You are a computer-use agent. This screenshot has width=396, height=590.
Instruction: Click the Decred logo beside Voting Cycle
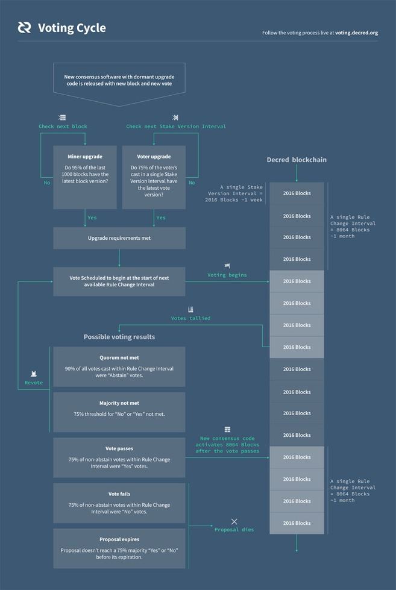coord(24,28)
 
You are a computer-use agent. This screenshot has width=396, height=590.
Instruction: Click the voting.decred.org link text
coord(356,33)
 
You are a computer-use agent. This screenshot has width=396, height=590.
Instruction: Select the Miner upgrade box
coord(85,177)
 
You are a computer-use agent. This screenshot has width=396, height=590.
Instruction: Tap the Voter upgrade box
coord(153,177)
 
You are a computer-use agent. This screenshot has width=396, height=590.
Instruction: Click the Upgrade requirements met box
coord(119,238)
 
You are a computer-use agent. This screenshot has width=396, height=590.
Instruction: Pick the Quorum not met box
coord(119,366)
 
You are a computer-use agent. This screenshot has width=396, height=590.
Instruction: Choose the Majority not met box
coord(119,412)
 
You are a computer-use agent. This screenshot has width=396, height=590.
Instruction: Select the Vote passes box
coord(119,458)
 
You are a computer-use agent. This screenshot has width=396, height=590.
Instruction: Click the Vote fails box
coord(119,503)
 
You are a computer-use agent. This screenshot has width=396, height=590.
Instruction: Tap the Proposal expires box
coord(119,548)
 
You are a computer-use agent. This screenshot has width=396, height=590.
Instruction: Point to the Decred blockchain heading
coord(297,160)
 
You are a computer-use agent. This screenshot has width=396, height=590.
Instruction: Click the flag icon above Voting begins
coord(227,266)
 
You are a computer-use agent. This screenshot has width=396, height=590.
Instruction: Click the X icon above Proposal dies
coord(234,521)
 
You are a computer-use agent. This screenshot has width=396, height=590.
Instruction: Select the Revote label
coord(34,383)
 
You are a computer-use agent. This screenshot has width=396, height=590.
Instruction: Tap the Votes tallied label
coord(190,318)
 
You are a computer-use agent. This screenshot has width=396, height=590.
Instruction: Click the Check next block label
coord(63,127)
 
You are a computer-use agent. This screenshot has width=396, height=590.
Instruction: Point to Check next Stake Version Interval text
coord(176,127)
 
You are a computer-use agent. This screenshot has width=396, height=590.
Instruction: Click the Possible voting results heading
coord(119,337)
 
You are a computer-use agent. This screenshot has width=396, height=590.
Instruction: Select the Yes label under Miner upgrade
coord(93,218)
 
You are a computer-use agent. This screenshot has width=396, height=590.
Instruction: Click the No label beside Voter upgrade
coord(192,183)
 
